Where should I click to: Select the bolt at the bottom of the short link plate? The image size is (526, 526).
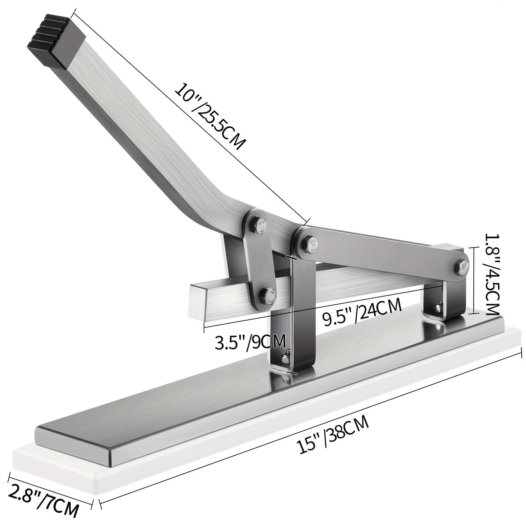click(x=269, y=294)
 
